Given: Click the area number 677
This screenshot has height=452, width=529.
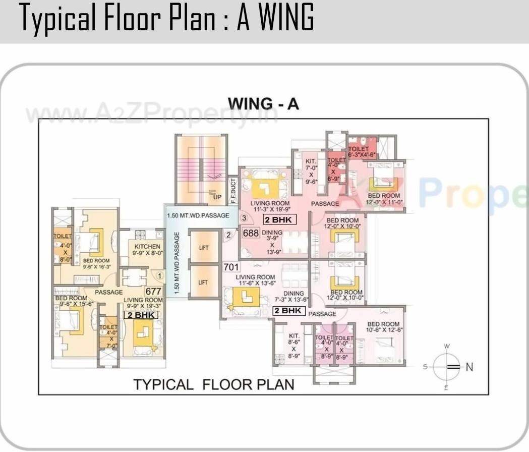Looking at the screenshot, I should (x=153, y=291).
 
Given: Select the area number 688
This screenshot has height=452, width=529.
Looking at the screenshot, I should (x=251, y=233).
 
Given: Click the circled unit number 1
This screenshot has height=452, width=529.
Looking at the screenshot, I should (x=159, y=276).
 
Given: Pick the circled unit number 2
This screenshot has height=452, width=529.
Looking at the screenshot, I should (x=228, y=235).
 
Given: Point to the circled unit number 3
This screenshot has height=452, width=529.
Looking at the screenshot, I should (x=244, y=218).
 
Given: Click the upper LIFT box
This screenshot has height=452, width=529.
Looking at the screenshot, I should (x=204, y=248).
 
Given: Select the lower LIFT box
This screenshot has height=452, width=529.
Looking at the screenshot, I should (x=204, y=282).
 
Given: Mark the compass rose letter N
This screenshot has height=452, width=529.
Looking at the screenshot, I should (x=469, y=367).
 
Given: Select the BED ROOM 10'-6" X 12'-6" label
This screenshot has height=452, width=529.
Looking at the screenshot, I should (x=383, y=327).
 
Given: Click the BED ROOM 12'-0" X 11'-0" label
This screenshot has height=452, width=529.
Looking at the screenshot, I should (x=384, y=199).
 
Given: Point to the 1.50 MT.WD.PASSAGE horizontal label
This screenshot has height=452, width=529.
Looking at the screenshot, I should (x=198, y=215).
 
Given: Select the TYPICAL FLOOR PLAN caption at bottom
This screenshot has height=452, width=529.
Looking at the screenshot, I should (x=213, y=384).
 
